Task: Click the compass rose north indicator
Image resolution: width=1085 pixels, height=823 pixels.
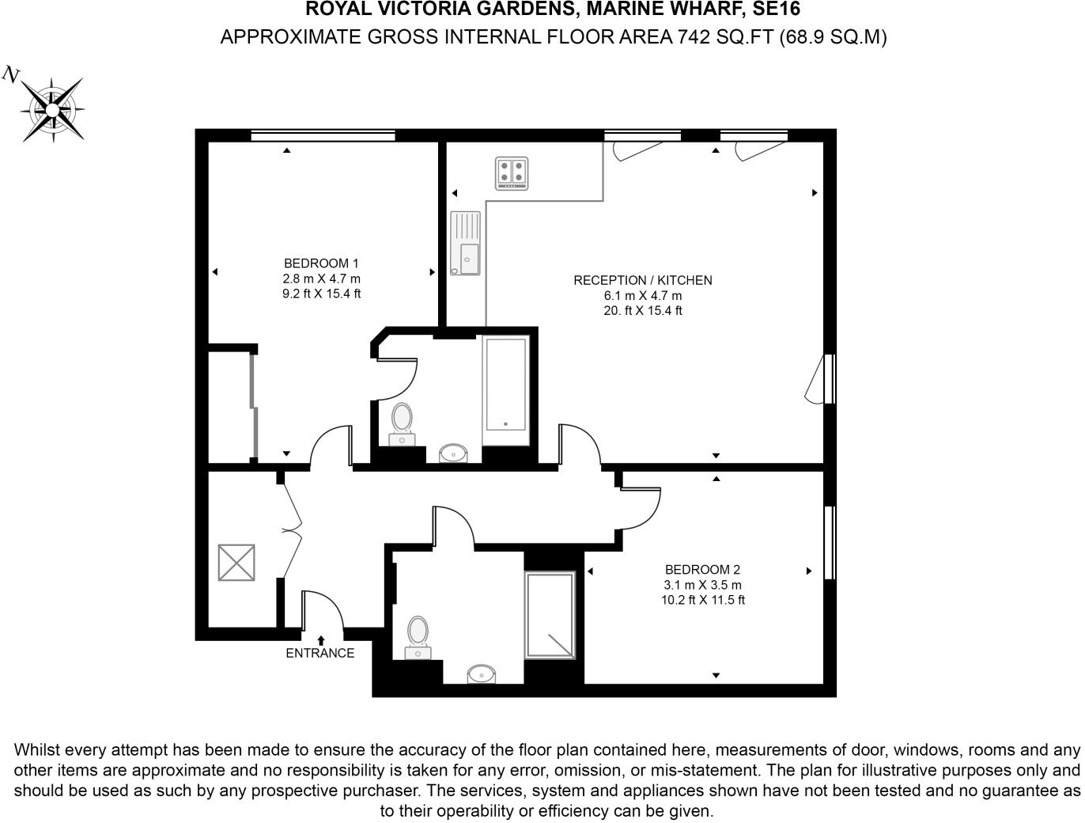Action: tap(51, 107)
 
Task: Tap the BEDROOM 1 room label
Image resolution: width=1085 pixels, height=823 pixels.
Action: tap(321, 264)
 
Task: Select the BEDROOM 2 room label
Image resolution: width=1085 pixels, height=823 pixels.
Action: tap(702, 570)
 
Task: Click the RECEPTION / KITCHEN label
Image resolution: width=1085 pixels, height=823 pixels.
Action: tap(642, 280)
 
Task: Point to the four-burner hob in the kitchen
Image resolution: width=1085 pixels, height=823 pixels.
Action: tap(512, 174)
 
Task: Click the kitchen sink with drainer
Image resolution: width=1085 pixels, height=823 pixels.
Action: tap(465, 244)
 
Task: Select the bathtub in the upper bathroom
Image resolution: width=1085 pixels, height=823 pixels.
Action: tap(505, 385)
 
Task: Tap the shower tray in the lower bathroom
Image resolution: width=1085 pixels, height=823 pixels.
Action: tap(550, 616)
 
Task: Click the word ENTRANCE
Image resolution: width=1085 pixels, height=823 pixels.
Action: tap(319, 654)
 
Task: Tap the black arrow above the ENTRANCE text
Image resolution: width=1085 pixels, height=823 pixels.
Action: tap(321, 639)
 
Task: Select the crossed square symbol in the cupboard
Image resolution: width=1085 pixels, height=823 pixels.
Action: tap(236, 563)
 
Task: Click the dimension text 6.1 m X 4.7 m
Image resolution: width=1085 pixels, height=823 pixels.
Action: tap(642, 296)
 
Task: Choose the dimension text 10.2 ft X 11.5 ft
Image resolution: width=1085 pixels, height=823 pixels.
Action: tap(702, 601)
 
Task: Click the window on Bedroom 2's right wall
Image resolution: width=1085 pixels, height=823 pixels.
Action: tap(830, 543)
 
